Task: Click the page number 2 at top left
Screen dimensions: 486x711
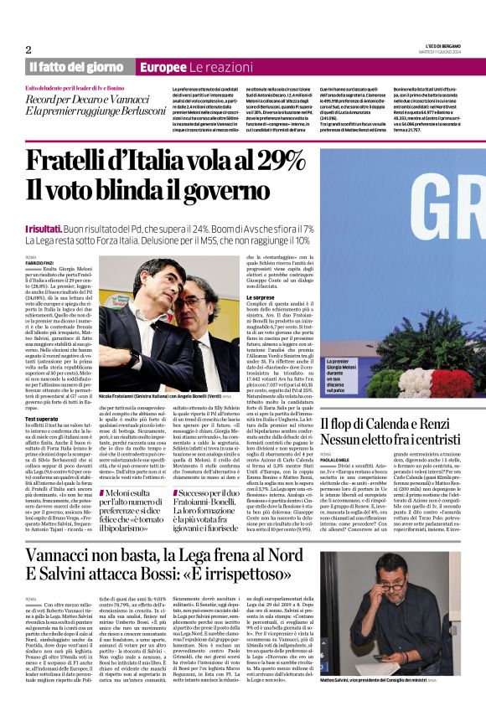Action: pos(28,49)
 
